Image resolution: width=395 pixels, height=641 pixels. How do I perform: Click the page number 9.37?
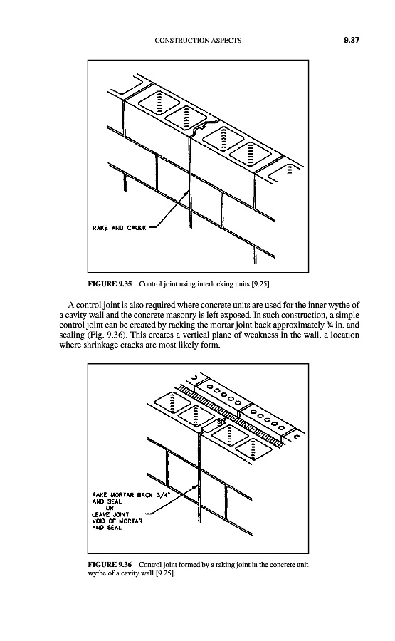click(x=352, y=40)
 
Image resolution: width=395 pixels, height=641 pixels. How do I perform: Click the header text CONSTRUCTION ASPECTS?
click(x=198, y=41)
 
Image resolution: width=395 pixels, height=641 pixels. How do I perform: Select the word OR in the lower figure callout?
click(x=110, y=508)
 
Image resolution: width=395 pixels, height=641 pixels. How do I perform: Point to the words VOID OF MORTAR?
click(x=117, y=521)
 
